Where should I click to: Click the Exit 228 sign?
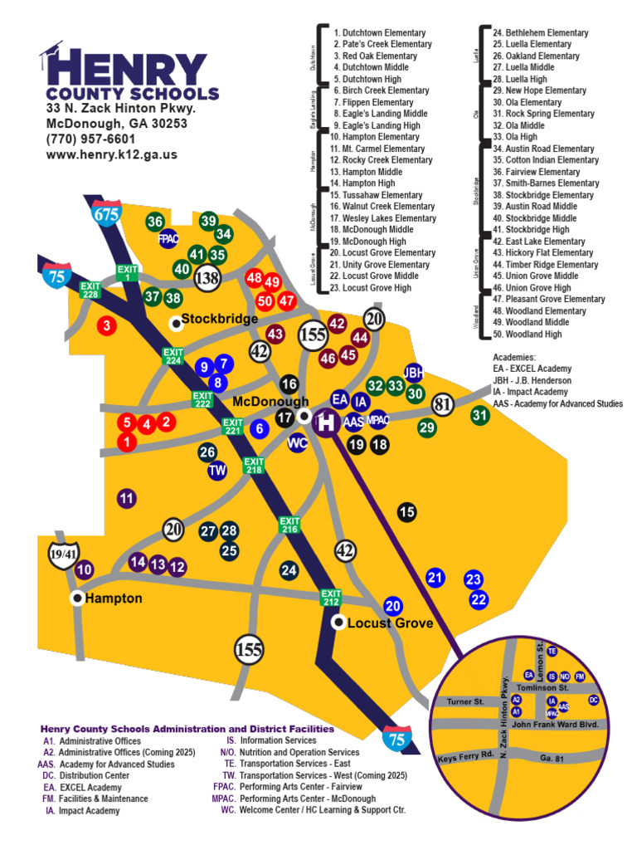[x=90, y=290]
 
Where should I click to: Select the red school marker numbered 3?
[x=106, y=326]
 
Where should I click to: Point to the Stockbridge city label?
[x=219, y=319]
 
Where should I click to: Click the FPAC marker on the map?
[x=169, y=238]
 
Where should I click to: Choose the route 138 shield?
[x=207, y=278]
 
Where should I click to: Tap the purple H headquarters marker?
[x=327, y=422]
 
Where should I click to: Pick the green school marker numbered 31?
[x=479, y=415]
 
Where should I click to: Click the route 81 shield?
[x=442, y=404]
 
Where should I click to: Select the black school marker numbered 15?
[x=406, y=512]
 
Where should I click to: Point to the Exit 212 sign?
[x=331, y=597]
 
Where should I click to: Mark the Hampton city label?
[x=114, y=598]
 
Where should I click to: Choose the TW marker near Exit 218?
[x=217, y=471]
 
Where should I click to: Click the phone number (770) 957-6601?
[x=90, y=139]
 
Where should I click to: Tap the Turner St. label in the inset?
[x=464, y=702]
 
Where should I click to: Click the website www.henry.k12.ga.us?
[x=111, y=154]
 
